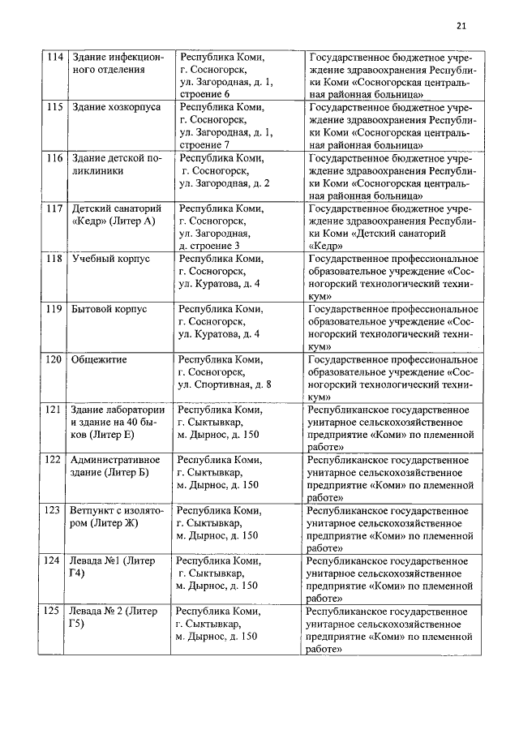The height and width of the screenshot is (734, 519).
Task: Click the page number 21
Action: tap(461, 26)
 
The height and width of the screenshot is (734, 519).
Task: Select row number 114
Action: tap(54, 58)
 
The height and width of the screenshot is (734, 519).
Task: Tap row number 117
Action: tap(54, 208)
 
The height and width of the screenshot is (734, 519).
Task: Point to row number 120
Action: tap(54, 359)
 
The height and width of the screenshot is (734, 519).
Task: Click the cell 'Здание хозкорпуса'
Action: tap(116, 108)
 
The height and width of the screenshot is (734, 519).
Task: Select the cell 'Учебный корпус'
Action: tap(109, 259)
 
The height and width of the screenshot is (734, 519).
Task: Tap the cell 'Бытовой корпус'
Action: tap(109, 309)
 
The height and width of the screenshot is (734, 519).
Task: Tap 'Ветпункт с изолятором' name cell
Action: tap(117, 517)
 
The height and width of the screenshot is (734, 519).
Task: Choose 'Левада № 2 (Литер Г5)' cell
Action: tap(114, 617)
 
